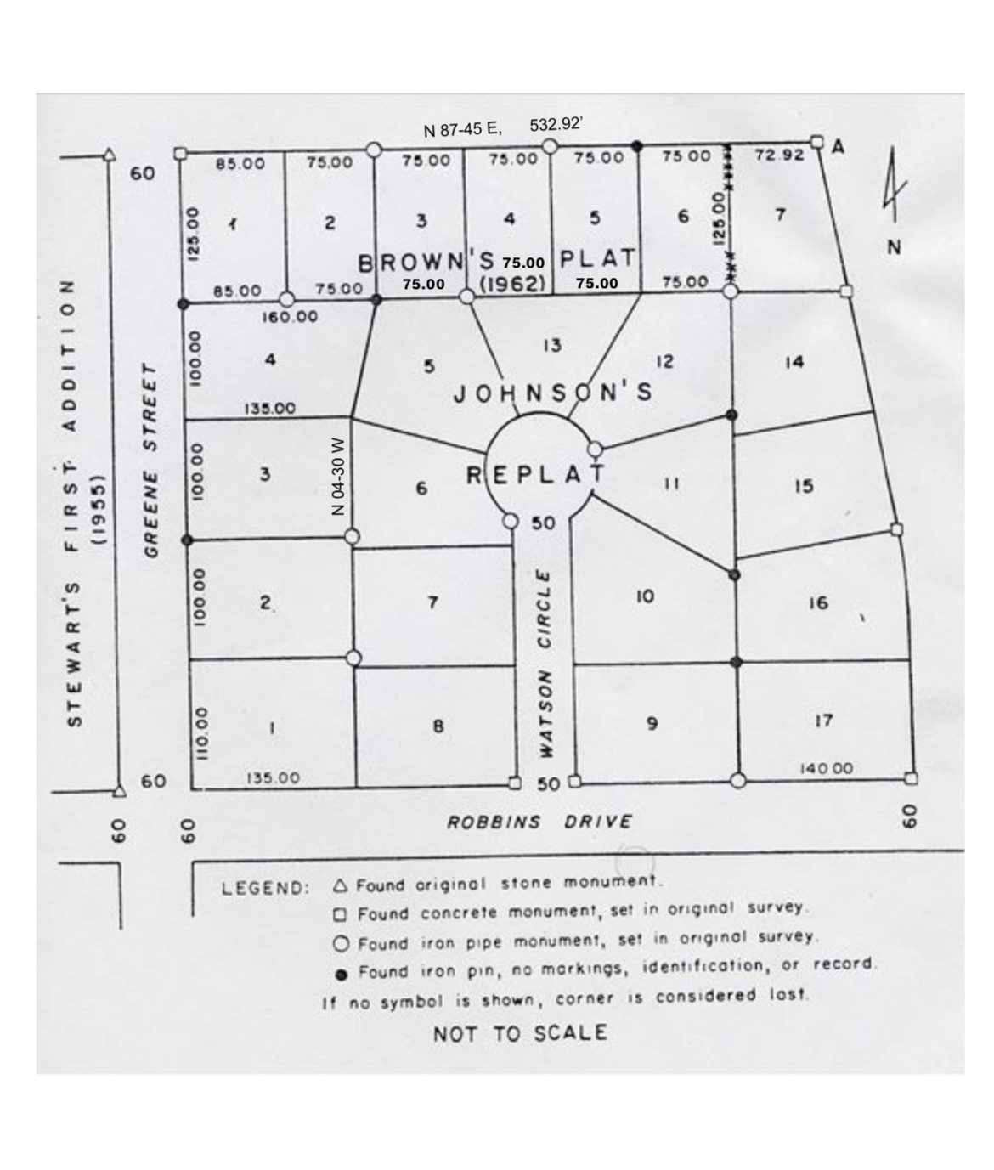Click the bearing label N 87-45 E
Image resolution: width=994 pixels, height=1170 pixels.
[462, 129]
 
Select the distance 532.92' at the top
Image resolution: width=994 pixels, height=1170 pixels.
[556, 124]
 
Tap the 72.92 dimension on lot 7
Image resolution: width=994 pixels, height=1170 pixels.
[778, 155]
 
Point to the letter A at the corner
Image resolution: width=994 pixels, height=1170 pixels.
[838, 147]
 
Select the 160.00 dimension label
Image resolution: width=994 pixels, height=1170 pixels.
[290, 317]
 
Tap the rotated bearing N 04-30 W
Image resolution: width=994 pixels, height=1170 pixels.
[337, 477]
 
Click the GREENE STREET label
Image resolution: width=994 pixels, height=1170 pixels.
[151, 460]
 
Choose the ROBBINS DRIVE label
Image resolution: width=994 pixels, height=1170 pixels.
[539, 822]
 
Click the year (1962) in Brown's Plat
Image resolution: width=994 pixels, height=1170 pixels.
[513, 284]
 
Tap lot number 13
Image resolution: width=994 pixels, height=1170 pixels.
[551, 345]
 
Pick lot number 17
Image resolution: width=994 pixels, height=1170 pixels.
[823, 721]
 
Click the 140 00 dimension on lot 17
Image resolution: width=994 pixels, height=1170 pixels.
[826, 768]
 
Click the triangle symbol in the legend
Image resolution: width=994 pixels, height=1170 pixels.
[341, 886]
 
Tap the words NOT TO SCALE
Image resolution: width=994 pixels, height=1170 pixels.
[520, 1033]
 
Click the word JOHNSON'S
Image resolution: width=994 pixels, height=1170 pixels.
[552, 392]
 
